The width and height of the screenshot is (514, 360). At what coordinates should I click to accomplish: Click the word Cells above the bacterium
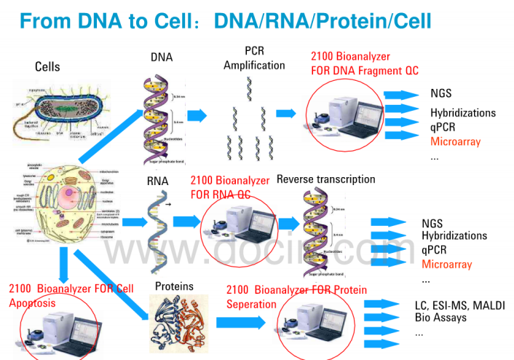pos(47,67)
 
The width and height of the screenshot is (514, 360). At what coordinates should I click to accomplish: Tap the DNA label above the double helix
pos(162,57)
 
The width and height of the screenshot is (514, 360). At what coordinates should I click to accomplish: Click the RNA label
pos(158,182)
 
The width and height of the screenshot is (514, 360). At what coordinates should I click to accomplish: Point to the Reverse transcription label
pos(326,179)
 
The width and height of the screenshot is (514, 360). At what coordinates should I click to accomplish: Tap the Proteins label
pos(174,286)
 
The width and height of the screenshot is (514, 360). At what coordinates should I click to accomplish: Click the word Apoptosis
pos(32,302)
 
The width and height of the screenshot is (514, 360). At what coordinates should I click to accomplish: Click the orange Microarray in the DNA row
pos(455,141)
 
